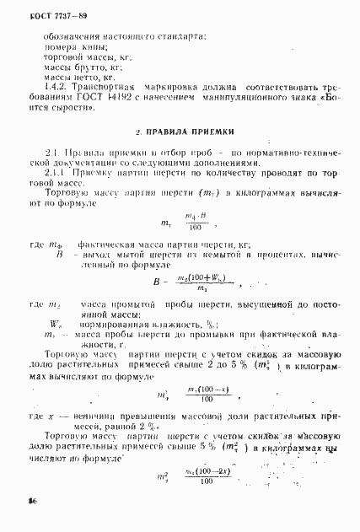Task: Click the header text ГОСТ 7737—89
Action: (x=43, y=15)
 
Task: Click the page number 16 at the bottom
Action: (x=21, y=502)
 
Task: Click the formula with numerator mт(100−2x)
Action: (x=200, y=477)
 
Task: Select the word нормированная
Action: (x=118, y=324)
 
